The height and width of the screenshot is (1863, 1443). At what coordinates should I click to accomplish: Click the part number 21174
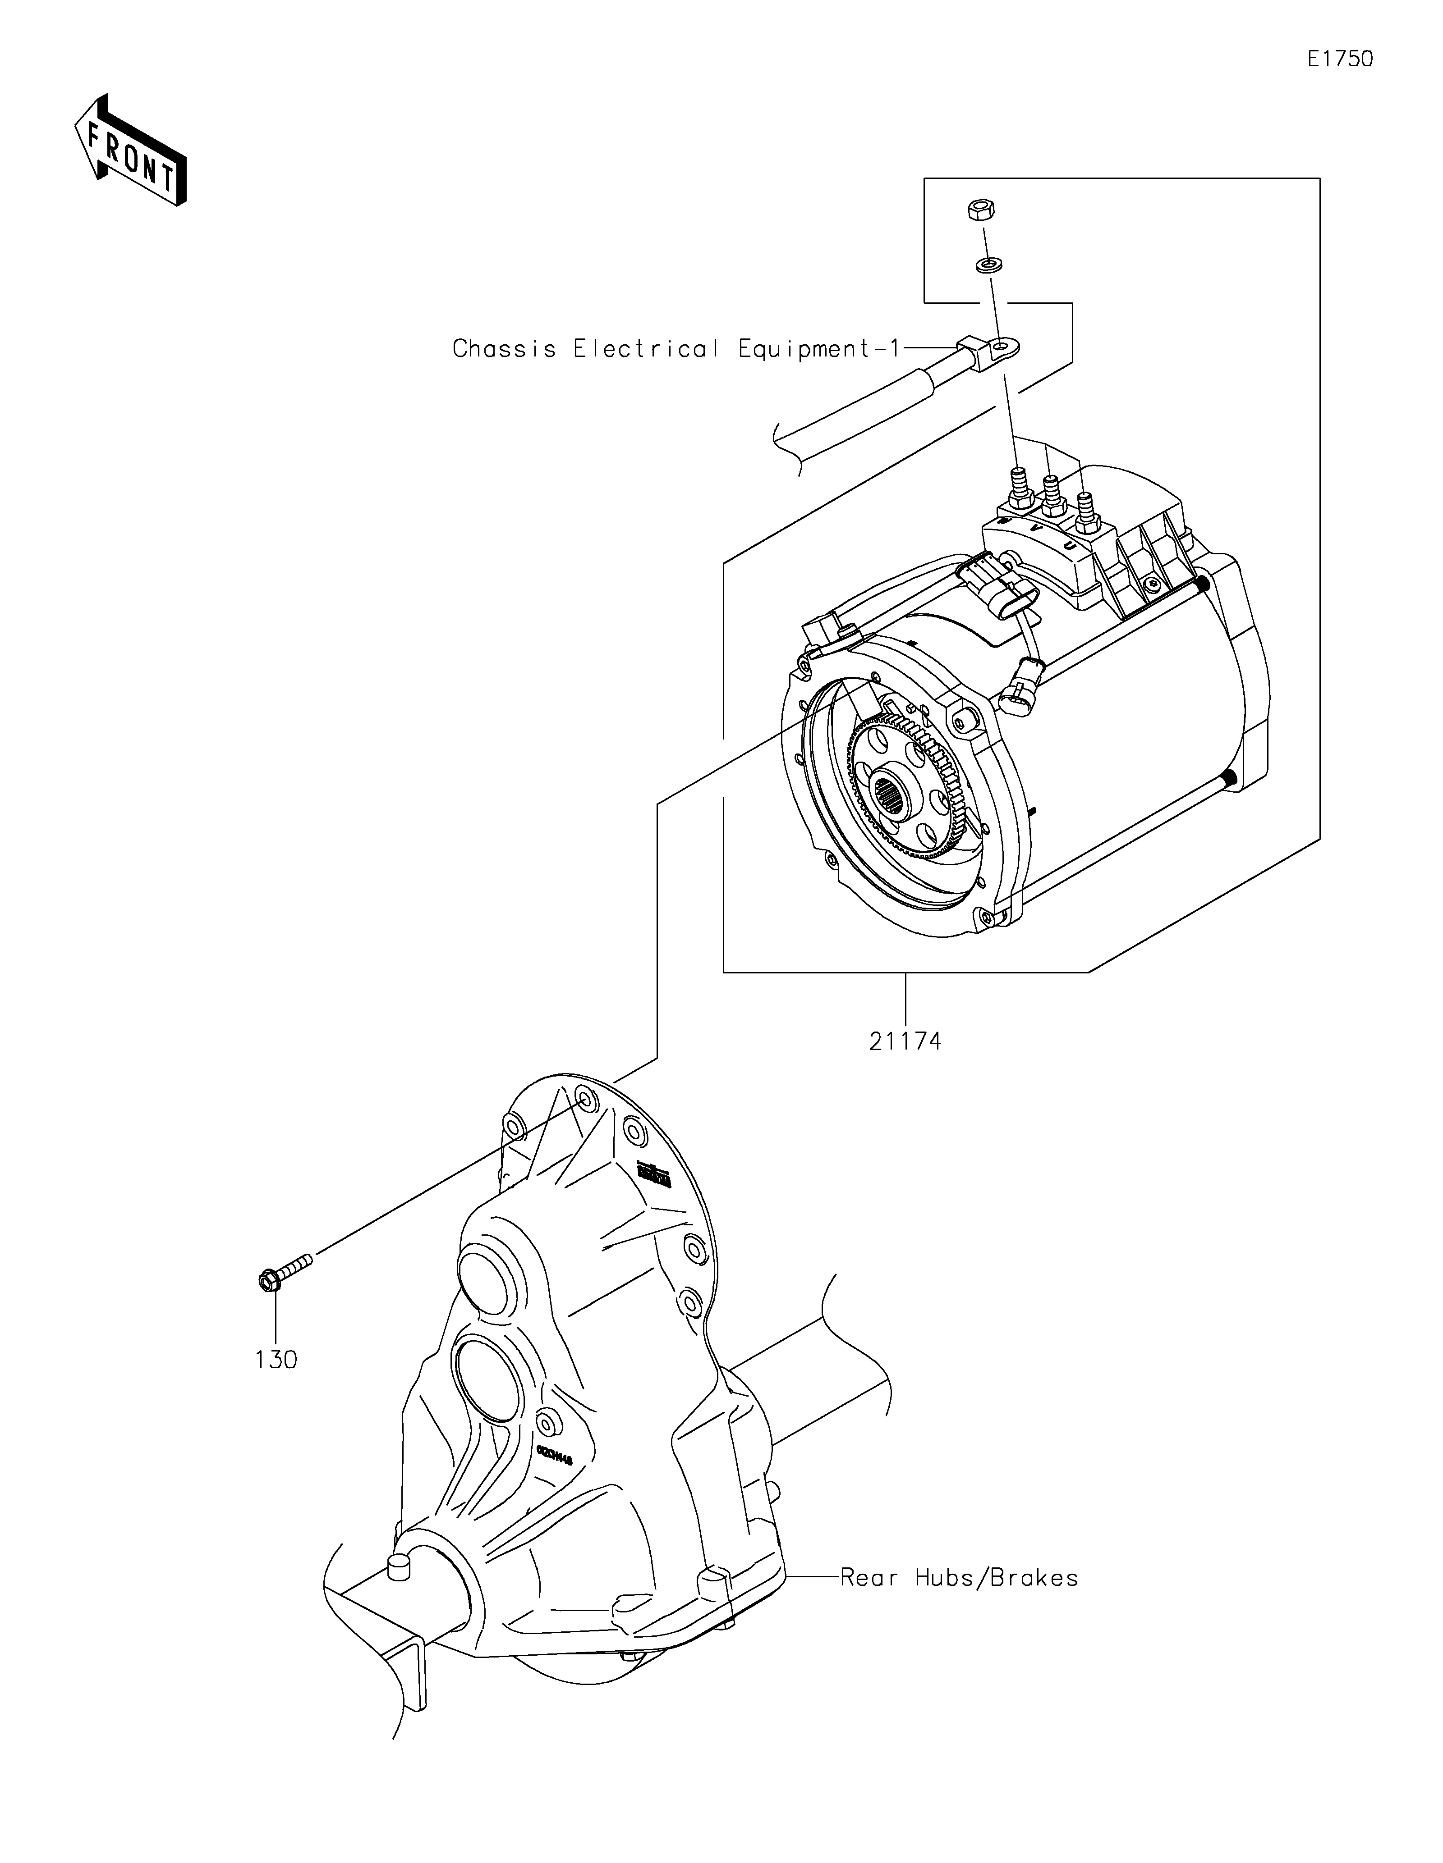905,1041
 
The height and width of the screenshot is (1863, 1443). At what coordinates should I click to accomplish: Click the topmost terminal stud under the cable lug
1018,486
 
